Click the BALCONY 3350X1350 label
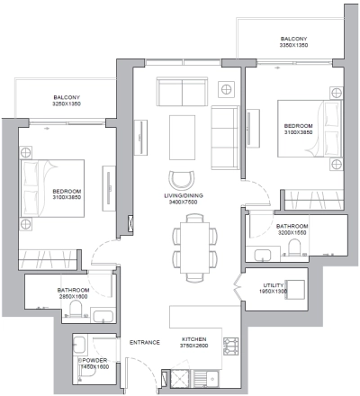click(x=293, y=43)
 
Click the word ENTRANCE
click(x=144, y=342)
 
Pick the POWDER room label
click(x=93, y=363)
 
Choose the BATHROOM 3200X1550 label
click(x=292, y=229)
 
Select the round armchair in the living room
click(x=183, y=178)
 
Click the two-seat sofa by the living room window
click(x=181, y=91)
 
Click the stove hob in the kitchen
click(x=229, y=346)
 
